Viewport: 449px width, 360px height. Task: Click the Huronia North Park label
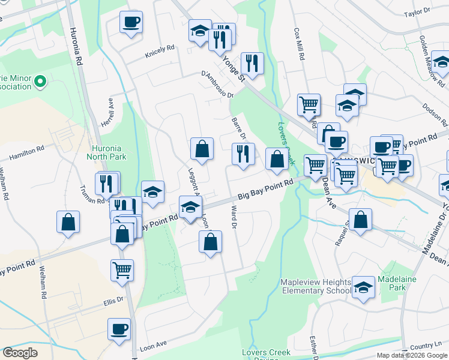tap(110, 153)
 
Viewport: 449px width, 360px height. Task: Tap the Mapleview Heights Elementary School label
tap(315, 287)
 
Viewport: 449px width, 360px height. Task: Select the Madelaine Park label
tap(393, 283)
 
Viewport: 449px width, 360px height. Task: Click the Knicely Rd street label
tap(159, 54)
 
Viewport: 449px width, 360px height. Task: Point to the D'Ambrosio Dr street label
tap(217, 83)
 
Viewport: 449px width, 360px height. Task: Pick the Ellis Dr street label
tap(112, 299)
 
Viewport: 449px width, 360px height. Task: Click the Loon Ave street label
tap(152, 346)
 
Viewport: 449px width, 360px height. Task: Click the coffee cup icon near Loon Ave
tap(119, 328)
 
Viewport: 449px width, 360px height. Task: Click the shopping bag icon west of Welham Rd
tap(68, 221)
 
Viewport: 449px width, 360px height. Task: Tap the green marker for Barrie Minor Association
tap(40, 80)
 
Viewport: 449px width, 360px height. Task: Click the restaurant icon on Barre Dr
tap(243, 153)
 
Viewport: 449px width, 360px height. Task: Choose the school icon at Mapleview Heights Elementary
tap(363, 287)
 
